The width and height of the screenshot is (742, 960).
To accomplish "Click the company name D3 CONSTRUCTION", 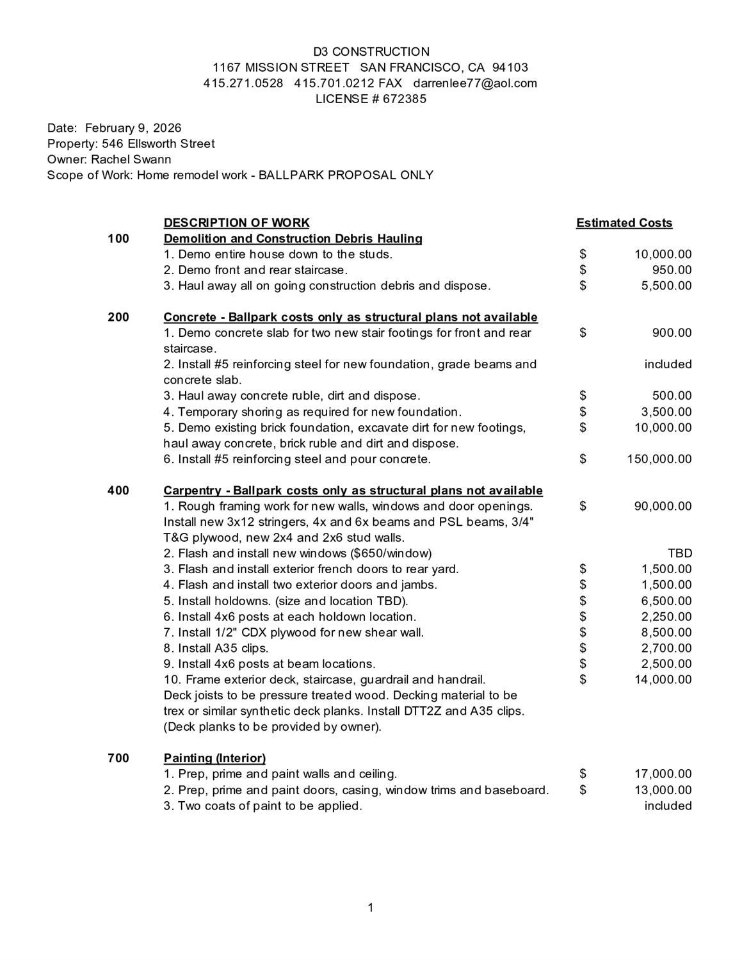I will pos(371,52).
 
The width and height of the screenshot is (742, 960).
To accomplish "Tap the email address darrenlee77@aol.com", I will pos(474,83).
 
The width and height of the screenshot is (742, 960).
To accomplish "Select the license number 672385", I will pos(405,99).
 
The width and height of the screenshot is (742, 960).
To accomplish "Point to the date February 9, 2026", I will pos(133,128).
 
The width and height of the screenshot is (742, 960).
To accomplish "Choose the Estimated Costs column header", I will pos(624,223).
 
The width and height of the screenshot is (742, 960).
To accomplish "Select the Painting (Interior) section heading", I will pos(214,758).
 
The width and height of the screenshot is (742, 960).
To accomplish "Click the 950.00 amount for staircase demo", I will pos(672,270).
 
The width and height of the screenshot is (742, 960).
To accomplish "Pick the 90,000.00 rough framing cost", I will pos(663,506).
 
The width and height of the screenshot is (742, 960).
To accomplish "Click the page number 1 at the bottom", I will pos(371,907).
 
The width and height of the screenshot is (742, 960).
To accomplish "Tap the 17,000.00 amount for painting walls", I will pos(663,774).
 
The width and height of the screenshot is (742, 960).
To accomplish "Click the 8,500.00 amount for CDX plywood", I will pos(666,633).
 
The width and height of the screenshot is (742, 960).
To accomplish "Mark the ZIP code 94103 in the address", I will pos(510,68).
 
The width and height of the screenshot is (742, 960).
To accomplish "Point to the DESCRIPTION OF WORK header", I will pos(236,223).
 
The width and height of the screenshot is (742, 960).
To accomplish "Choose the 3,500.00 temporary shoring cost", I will pos(666,412).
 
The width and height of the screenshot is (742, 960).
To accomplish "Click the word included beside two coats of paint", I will pos(668,806).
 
